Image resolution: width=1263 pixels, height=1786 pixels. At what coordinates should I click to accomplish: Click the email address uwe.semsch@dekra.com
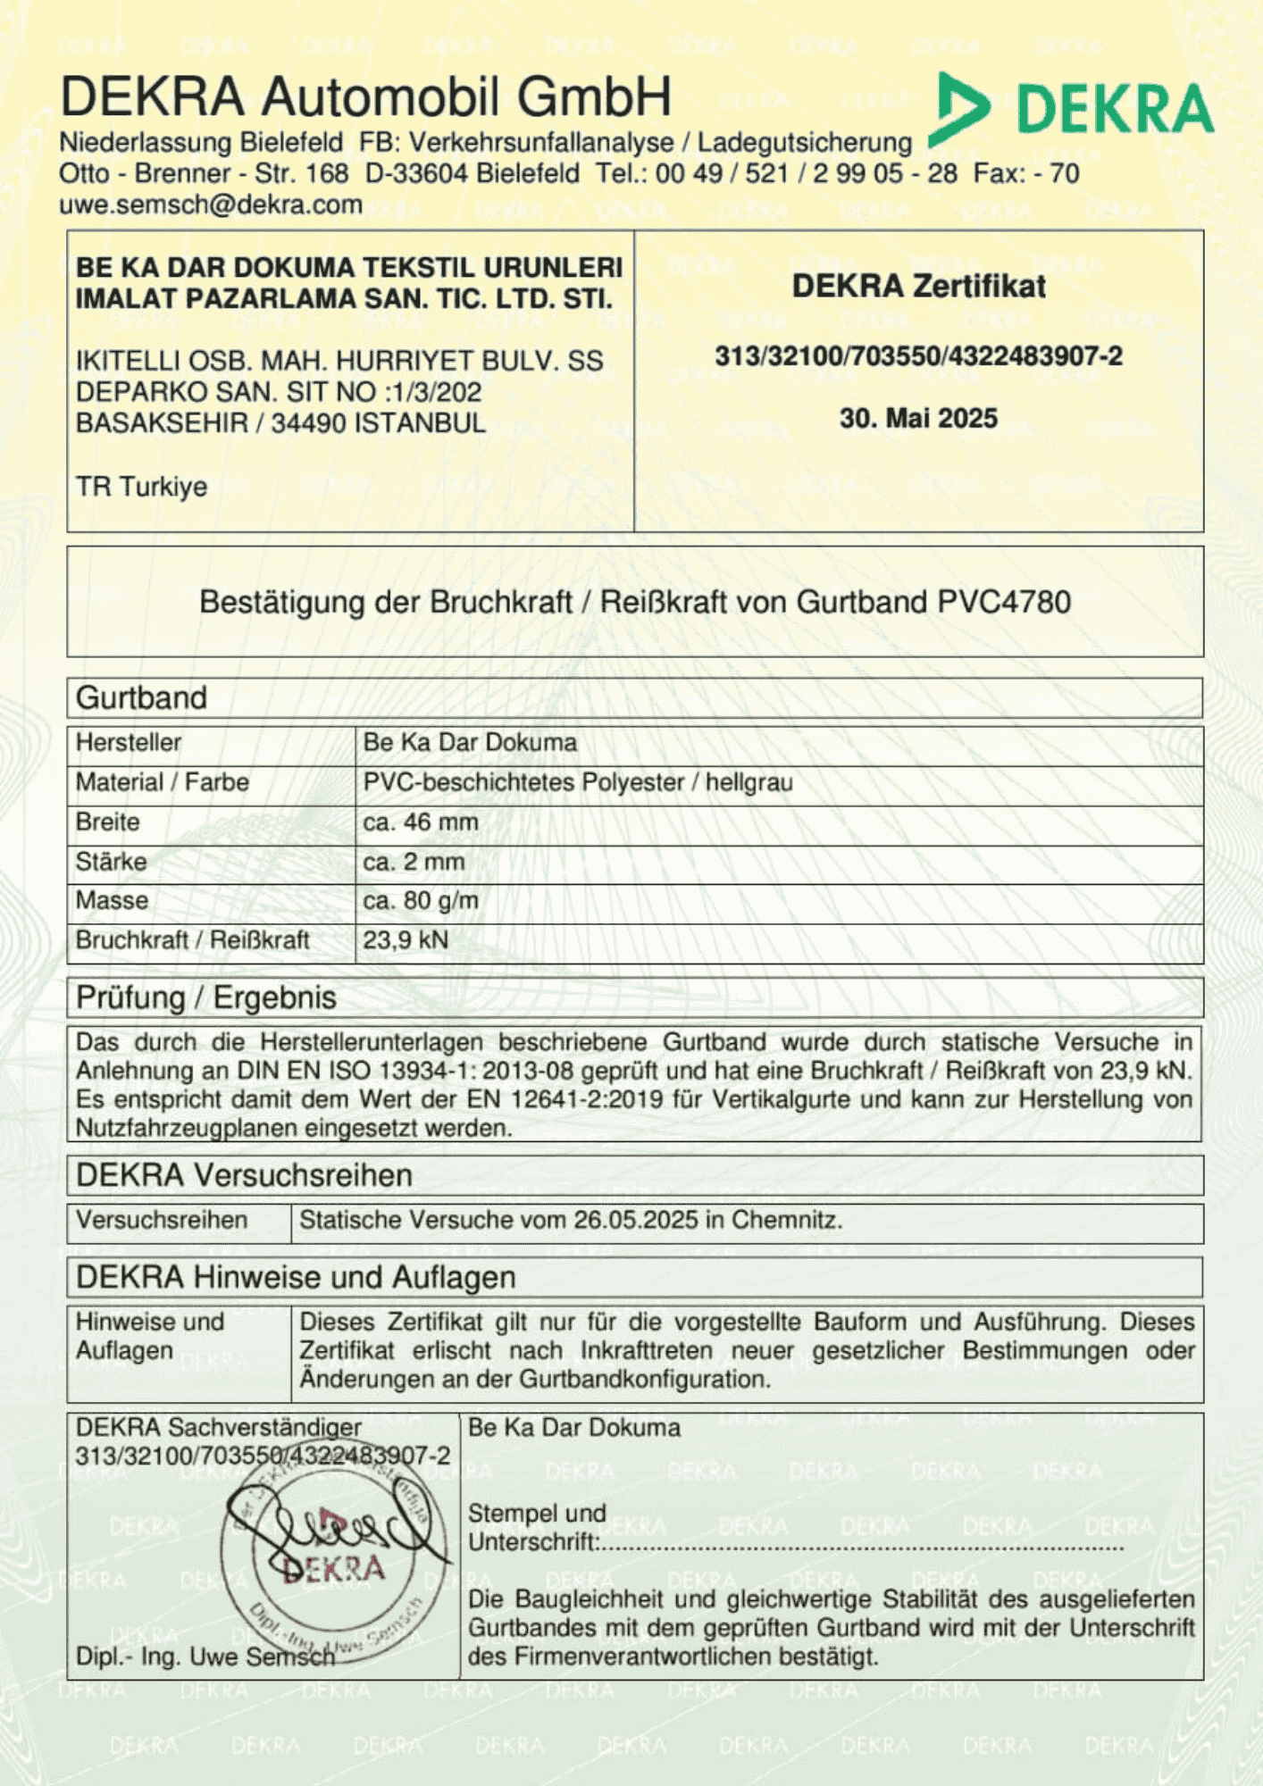pyautogui.click(x=210, y=204)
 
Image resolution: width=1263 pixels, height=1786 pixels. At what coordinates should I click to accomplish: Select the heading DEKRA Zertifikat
pyautogui.click(x=918, y=286)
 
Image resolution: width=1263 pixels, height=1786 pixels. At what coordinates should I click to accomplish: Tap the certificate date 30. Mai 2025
pyautogui.click(x=918, y=418)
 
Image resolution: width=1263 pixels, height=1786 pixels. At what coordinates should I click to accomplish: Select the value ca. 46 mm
pyautogui.click(x=420, y=822)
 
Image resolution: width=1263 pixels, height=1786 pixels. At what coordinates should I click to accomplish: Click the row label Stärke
pyautogui.click(x=111, y=862)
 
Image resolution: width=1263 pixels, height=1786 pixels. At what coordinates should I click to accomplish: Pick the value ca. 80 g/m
pyautogui.click(x=420, y=900)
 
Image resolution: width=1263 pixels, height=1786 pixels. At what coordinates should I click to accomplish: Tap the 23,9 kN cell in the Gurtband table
pyautogui.click(x=406, y=939)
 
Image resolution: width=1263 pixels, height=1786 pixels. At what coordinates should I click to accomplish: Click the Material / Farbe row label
pyautogui.click(x=162, y=782)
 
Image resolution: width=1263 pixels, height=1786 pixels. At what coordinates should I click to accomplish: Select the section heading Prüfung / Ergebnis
pyautogui.click(x=205, y=997)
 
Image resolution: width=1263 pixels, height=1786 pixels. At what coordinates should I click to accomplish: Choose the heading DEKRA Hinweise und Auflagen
pyautogui.click(x=296, y=1277)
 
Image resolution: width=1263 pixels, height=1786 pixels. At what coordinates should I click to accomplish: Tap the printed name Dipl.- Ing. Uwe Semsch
pyautogui.click(x=205, y=1657)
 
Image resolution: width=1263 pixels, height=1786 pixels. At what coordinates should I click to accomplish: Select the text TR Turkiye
pyautogui.click(x=141, y=487)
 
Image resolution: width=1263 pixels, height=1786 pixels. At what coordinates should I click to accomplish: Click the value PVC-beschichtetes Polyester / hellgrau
pyautogui.click(x=577, y=782)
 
